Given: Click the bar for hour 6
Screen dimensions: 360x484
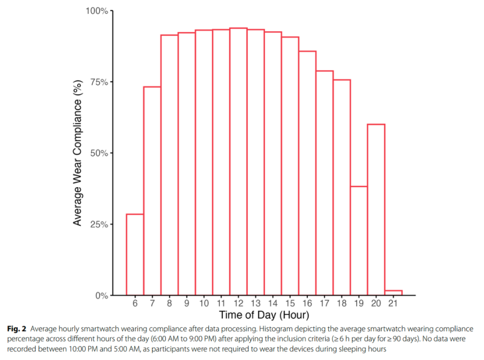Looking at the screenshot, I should pos(135,255).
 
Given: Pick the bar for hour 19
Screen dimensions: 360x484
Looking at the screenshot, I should pos(359,241).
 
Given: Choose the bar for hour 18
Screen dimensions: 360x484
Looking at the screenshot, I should pos(342,187).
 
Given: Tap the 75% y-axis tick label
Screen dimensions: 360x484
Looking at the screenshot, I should pos(99,82).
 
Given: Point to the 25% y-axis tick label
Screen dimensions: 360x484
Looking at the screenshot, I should pos(99,224).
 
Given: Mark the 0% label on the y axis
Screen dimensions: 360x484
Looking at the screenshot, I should pos(102,295).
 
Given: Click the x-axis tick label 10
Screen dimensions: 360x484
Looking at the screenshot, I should pos(203,303).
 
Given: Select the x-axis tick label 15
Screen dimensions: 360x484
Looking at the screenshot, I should pos(290,303).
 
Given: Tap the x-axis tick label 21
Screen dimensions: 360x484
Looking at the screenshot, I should pos(393,303).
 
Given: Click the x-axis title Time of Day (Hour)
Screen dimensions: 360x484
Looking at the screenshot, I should pos(263,315).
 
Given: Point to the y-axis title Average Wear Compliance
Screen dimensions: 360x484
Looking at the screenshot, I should pos(78,153).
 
